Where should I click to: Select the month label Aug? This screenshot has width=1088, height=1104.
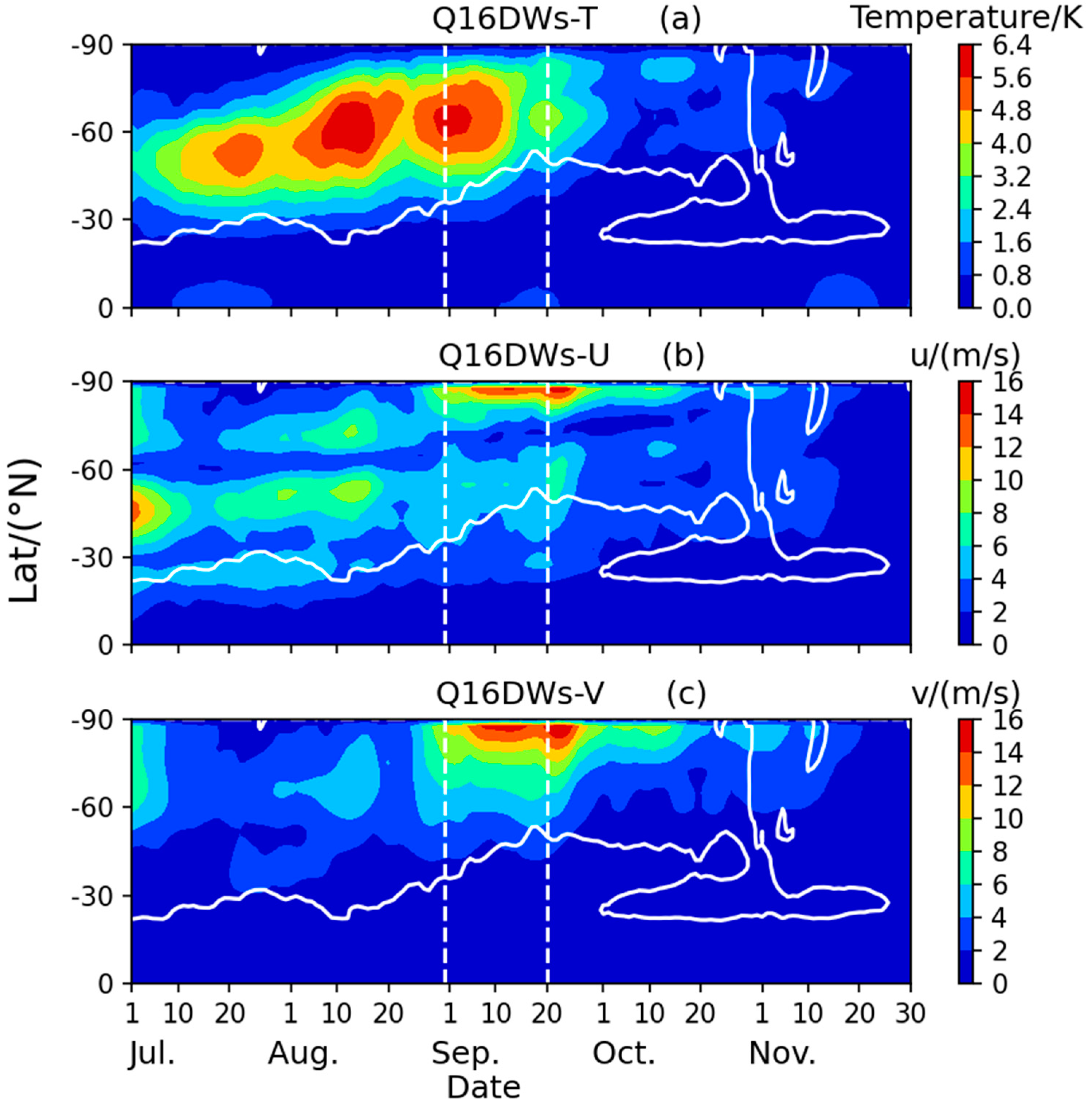[303, 1053]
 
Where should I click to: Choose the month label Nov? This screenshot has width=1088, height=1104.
[782, 1053]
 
